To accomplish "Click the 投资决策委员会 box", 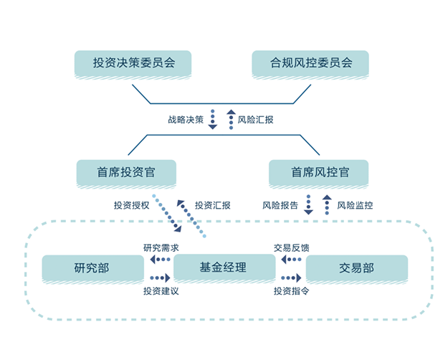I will pyautogui.click(x=134, y=63).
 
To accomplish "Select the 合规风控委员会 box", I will pyautogui.click(x=310, y=63).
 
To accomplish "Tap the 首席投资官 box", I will pyautogui.click(x=127, y=173).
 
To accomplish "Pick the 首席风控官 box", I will pyautogui.click(x=319, y=173).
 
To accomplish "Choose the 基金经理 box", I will pyautogui.click(x=224, y=268).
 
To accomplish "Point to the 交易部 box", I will pyautogui.click(x=356, y=268).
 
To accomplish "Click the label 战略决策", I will pyautogui.click(x=184, y=119).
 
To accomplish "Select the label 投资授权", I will pyautogui.click(x=130, y=205).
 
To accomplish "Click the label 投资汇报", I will pyautogui.click(x=213, y=205).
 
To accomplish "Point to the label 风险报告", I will pyautogui.click(x=280, y=205).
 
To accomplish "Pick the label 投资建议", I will pyautogui.click(x=161, y=292).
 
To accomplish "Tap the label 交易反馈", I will pyautogui.click(x=291, y=248).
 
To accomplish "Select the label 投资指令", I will pyautogui.click(x=291, y=292).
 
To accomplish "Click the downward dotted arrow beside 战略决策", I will pyautogui.click(x=213, y=119).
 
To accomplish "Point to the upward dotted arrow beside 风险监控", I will pyautogui.click(x=327, y=205).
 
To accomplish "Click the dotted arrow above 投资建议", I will pyautogui.click(x=159, y=278).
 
